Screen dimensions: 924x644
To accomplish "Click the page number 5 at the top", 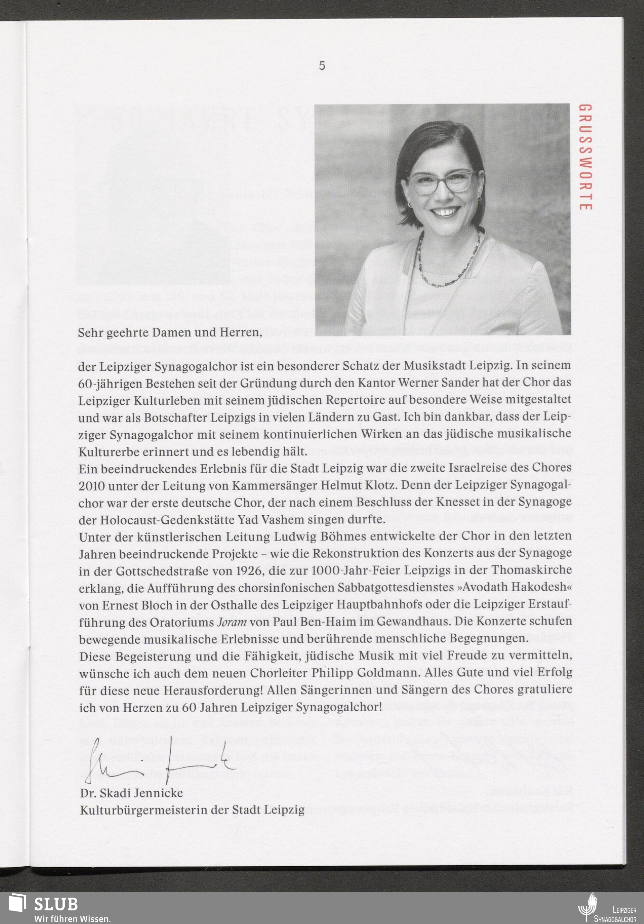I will coord(322,66).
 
